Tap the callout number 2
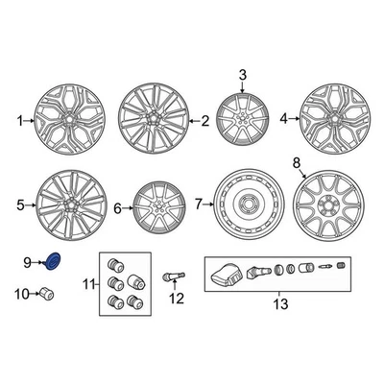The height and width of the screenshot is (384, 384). [204, 122]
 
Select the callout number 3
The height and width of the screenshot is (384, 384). [242, 75]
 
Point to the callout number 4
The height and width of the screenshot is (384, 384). [283, 119]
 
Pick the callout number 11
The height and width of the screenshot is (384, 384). [89, 283]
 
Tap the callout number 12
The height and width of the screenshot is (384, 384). [176, 299]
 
